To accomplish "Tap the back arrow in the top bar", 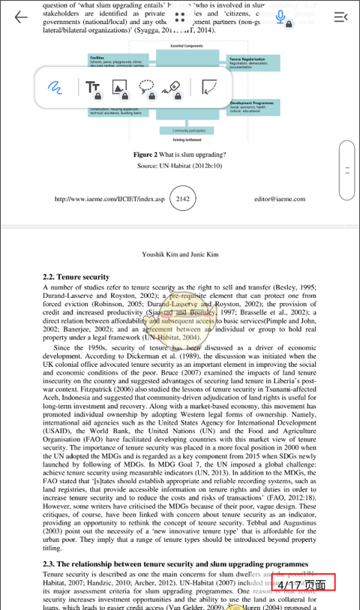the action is (x=20, y=17).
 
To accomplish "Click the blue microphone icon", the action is (x=281, y=17).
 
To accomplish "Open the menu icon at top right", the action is (x=340, y=17).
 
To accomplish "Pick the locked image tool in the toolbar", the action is (x=120, y=88).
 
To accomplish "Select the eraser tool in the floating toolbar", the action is (x=174, y=88).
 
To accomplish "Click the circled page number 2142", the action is (x=183, y=200).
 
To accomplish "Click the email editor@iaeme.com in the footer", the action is (x=279, y=200).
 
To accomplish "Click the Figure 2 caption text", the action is (x=179, y=154).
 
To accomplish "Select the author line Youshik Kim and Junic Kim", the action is (x=180, y=254).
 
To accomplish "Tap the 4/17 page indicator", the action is (x=302, y=583).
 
